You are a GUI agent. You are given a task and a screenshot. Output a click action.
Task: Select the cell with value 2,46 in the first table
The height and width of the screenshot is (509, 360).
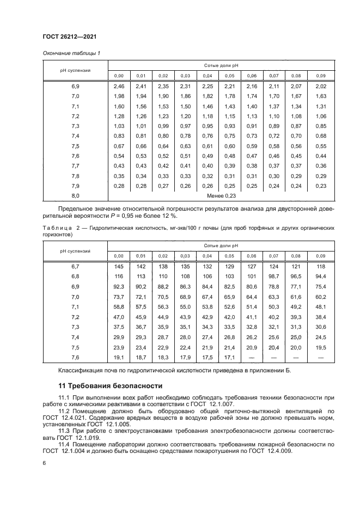click(x=119, y=87)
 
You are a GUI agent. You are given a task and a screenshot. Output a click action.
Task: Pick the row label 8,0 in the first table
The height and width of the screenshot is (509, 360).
click(x=75, y=195)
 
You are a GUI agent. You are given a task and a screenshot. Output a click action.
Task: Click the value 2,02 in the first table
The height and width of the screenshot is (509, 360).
click(x=321, y=87)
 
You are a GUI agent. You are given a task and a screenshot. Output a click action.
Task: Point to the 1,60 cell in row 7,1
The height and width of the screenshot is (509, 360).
click(x=119, y=106)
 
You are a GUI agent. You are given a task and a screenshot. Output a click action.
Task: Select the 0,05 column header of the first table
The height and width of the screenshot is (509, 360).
click(x=229, y=76)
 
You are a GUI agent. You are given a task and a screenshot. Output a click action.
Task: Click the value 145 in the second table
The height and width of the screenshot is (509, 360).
click(x=119, y=267)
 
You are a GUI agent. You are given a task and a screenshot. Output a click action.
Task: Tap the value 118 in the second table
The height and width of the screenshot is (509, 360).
click(x=321, y=267)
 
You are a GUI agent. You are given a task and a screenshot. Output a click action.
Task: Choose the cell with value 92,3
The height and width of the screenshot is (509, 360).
click(x=119, y=286)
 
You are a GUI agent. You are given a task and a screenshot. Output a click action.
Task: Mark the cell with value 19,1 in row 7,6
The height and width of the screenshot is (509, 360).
click(x=119, y=357)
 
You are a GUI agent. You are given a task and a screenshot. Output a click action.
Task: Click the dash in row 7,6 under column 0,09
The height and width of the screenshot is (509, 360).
click(x=321, y=357)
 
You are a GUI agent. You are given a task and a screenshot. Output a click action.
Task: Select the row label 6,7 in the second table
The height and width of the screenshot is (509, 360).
click(x=75, y=267)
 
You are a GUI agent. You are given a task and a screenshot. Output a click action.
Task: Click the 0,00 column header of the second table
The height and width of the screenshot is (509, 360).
click(x=119, y=256)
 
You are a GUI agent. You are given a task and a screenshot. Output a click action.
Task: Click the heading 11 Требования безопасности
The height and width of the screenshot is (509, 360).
click(x=111, y=387)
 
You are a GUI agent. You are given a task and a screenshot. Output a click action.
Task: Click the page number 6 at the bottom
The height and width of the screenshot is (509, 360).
click(x=44, y=463)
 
